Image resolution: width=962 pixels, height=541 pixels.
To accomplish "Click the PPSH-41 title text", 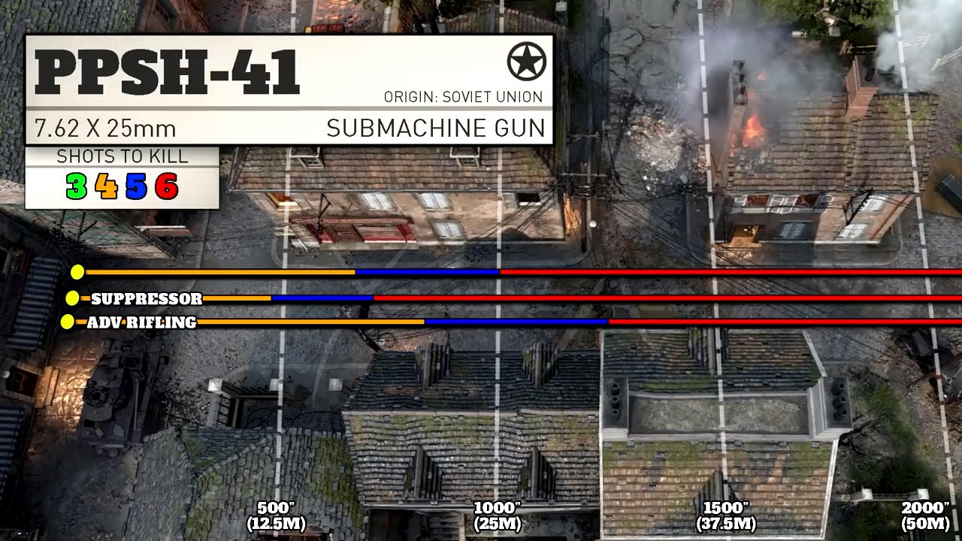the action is click(x=167, y=72).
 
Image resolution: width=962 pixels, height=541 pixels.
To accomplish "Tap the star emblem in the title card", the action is click(x=527, y=62).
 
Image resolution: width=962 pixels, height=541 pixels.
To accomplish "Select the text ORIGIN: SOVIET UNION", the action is click(x=464, y=97).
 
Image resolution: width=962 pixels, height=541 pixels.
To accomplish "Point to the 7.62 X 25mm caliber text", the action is click(x=105, y=128).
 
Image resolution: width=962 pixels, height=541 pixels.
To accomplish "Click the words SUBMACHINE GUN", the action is click(x=435, y=128).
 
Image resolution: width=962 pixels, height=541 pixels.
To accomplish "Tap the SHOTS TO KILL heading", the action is click(x=123, y=156).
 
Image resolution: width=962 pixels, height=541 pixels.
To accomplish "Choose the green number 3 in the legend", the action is click(x=77, y=186).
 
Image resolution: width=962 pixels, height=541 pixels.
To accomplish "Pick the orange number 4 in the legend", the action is click(x=106, y=186).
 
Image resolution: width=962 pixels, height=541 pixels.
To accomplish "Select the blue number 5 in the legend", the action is click(x=136, y=186).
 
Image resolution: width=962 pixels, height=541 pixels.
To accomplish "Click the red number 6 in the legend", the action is click(x=167, y=186).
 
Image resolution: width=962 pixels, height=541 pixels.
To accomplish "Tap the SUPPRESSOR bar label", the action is click(x=147, y=299).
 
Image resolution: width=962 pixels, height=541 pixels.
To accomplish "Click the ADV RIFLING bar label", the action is click(x=142, y=322).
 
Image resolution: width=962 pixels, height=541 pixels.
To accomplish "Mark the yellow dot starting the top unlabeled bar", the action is click(x=77, y=272).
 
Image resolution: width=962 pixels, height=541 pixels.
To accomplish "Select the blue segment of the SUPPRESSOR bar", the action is click(x=322, y=298).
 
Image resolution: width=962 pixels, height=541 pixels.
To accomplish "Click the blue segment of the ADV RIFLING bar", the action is click(x=516, y=322).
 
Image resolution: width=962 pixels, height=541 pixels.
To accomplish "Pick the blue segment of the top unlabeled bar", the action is click(x=428, y=272).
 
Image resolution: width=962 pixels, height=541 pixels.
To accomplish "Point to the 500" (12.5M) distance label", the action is click(x=276, y=516).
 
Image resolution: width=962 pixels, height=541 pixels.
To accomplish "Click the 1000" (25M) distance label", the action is click(x=497, y=516).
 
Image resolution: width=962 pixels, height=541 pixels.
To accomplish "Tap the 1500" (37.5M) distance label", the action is click(x=726, y=516).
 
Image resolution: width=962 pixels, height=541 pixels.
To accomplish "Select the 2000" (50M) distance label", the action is click(x=925, y=516).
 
